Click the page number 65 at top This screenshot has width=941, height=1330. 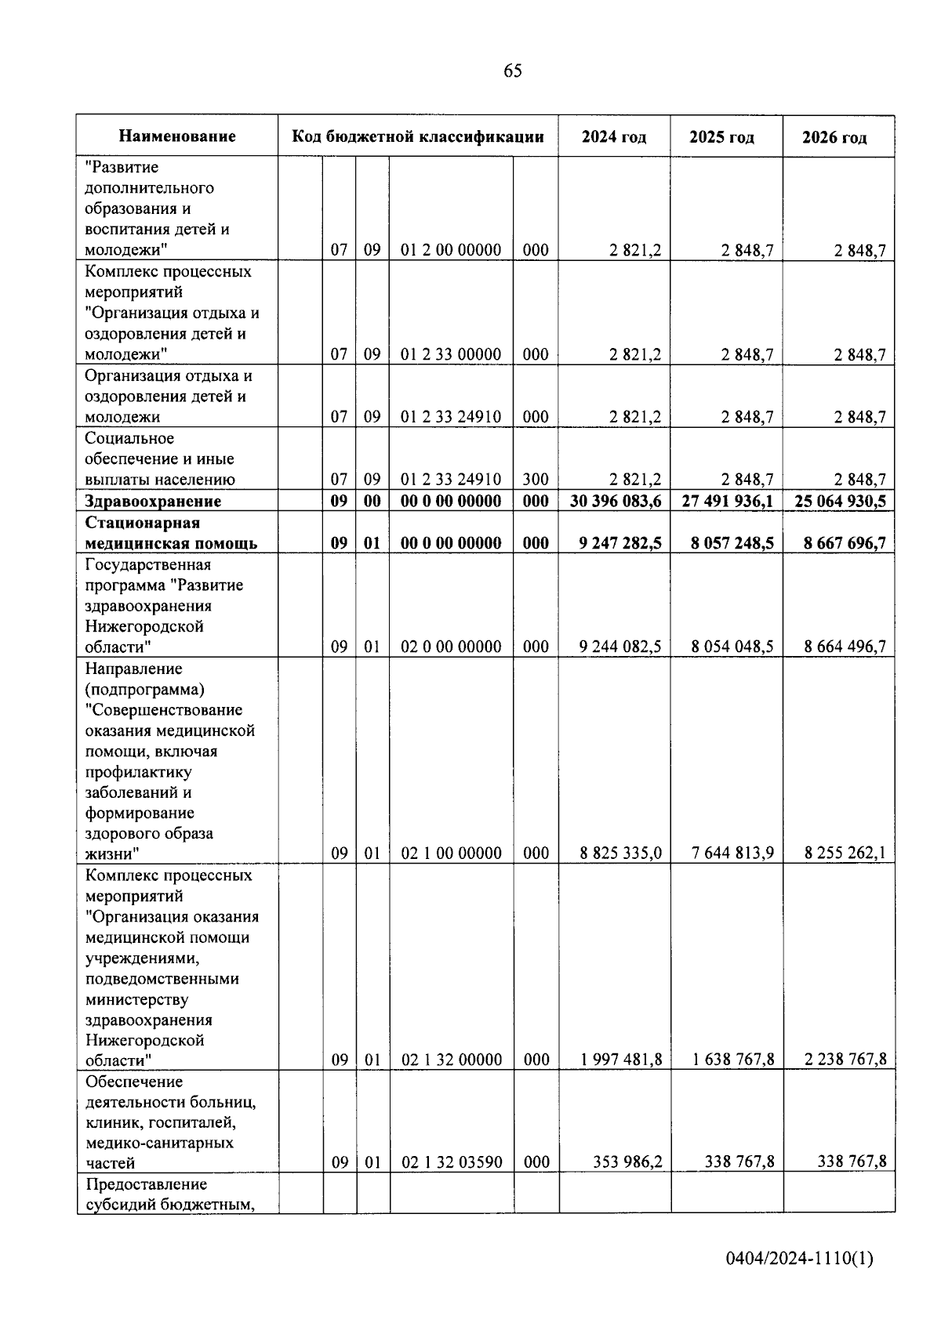click(512, 71)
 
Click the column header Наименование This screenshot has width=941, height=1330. click(177, 136)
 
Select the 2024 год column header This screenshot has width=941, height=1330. click(614, 137)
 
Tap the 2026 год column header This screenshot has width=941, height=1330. click(834, 138)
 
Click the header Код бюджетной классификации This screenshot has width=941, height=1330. click(418, 136)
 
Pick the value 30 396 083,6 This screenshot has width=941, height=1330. click(616, 502)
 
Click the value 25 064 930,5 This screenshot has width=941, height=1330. click(840, 502)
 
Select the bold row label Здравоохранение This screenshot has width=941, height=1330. click(153, 502)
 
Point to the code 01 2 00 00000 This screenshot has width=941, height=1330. click(451, 251)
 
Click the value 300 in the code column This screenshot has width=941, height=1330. click(536, 480)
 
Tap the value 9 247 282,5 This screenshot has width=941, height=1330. click(620, 543)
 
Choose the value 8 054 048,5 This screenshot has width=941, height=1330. click(732, 647)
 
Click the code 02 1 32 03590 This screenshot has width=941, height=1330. click(452, 1162)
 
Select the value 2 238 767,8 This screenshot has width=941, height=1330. click(845, 1060)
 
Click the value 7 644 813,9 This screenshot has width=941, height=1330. click(732, 853)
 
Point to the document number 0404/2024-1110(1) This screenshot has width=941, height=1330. click(799, 1259)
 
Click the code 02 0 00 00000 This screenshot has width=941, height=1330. click(451, 647)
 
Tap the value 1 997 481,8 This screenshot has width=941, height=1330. click(621, 1060)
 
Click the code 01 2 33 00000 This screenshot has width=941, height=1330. click(451, 355)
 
